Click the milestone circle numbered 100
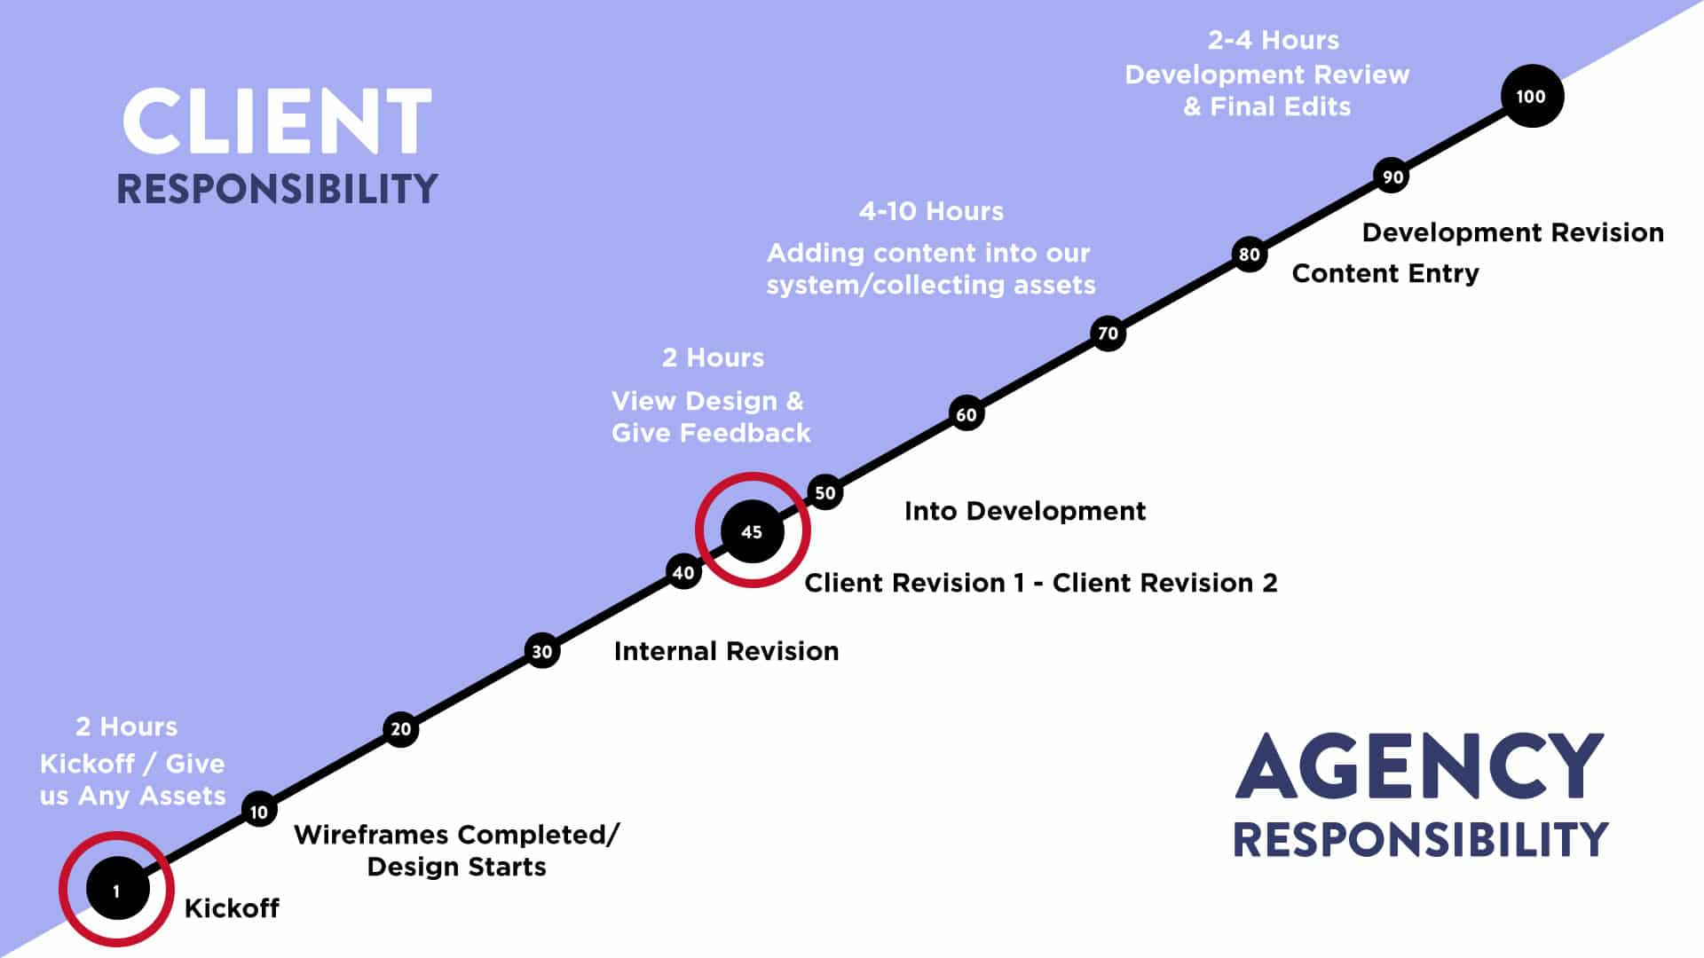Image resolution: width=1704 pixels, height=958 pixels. pos(1532,96)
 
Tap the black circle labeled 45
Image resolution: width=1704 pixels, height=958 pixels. pos(752,531)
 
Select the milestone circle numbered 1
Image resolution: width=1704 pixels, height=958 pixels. pos(117,890)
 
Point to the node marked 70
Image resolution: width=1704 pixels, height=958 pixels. pos(1108,334)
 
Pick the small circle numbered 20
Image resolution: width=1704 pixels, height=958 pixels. pos(400,729)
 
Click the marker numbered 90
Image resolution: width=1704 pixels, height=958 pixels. pos(1392,176)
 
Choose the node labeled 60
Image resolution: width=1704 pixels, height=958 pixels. pos(966,413)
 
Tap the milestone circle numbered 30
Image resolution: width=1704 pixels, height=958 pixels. pos(541,651)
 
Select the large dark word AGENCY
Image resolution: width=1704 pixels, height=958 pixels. pos(1419,766)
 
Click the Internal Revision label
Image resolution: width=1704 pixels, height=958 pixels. pos(726,651)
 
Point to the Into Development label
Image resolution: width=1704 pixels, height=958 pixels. pos(1025,511)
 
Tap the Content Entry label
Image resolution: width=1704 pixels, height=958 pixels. pos(1385,273)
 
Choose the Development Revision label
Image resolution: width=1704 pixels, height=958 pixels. pos(1513,232)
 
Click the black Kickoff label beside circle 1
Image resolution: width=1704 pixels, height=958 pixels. pos(232,908)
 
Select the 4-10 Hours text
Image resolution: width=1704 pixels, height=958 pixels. pos(931,211)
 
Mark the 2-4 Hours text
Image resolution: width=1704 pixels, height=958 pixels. pos(1274,40)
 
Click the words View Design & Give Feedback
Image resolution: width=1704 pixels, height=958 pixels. pos(711,417)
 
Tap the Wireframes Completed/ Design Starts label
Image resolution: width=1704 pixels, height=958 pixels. pos(456,850)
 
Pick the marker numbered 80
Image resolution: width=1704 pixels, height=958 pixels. pos(1249,255)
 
